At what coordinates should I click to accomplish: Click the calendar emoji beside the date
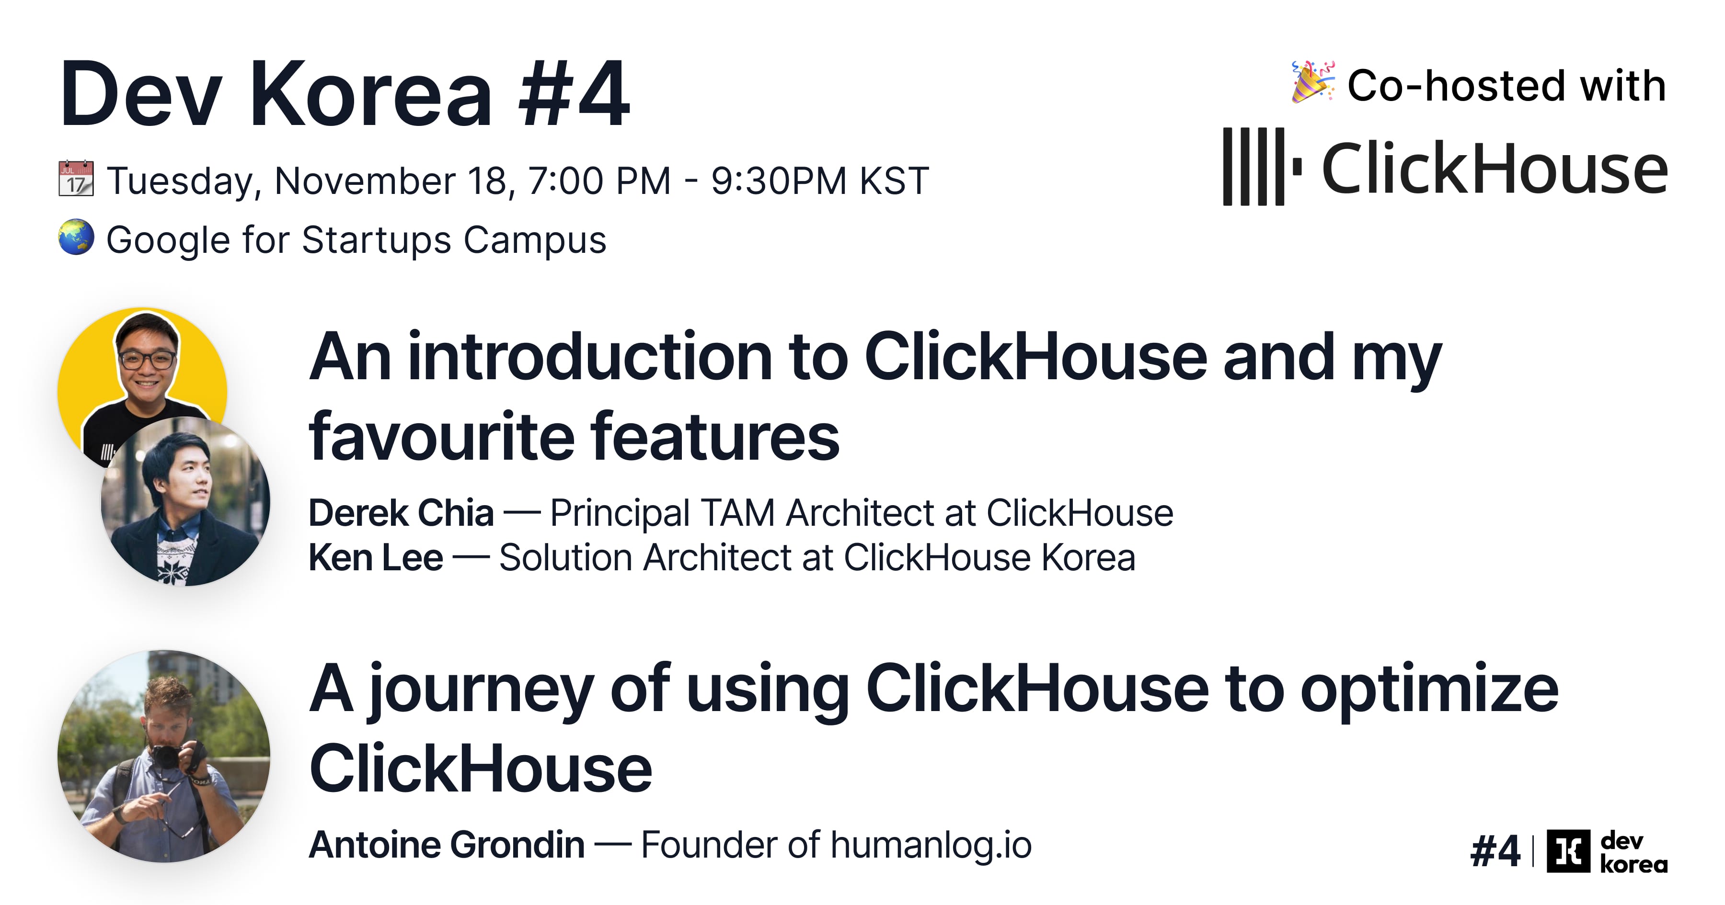click(76, 179)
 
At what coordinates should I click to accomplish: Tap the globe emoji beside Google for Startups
click(76, 237)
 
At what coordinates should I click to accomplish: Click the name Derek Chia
click(401, 513)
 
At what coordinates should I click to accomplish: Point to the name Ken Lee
click(375, 557)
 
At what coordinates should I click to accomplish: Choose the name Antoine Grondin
click(446, 845)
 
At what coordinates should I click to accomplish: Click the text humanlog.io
click(931, 845)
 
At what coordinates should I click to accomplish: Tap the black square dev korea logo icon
click(1568, 851)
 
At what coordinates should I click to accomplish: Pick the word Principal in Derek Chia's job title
click(620, 513)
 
